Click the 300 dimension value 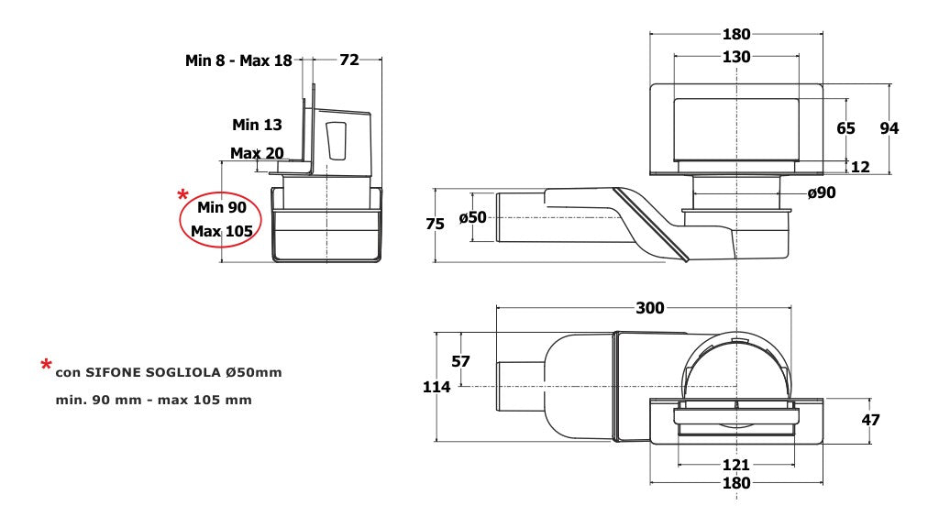pos(650,308)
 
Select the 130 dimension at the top pos(736,57)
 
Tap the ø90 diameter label pos(821,192)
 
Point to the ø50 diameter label pos(472,217)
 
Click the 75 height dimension pos(435,224)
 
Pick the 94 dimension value pos(889,128)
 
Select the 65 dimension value pos(845,128)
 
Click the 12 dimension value pos(860,167)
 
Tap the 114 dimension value pos(436,388)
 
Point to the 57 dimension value pos(460,361)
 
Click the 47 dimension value pos(871,420)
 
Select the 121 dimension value pos(736,465)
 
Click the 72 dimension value pos(349,60)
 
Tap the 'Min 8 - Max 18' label pos(238,60)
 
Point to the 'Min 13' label pos(257,125)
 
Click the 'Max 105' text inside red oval pos(222,231)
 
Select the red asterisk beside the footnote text pos(46,365)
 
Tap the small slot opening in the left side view pos(337,140)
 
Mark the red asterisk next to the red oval pos(182,194)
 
